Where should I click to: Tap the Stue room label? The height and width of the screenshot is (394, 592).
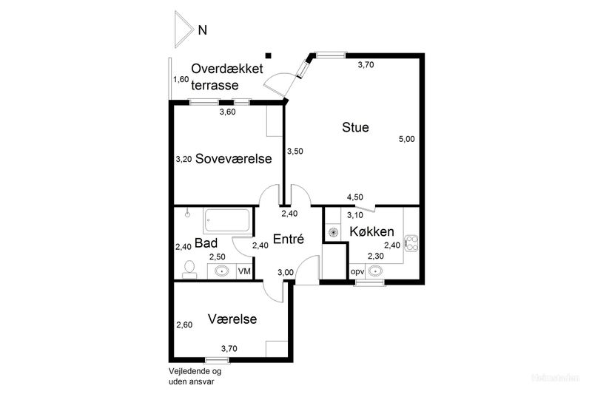tap(355, 127)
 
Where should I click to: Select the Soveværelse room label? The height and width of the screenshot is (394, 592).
tap(233, 159)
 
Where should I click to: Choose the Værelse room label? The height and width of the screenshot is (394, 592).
tap(232, 319)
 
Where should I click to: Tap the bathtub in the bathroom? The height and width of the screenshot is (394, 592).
tap(227, 221)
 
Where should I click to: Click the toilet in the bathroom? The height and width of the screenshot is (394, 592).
tap(188, 268)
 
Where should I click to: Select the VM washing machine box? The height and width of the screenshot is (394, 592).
tap(243, 271)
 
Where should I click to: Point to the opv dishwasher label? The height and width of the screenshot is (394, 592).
tap(357, 271)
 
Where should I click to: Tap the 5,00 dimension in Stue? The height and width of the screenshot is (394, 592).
tap(406, 139)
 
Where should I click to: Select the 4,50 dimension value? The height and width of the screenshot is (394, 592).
tap(355, 197)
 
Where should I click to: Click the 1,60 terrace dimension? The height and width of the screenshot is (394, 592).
tap(181, 79)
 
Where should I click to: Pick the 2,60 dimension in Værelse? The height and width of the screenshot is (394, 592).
tap(184, 325)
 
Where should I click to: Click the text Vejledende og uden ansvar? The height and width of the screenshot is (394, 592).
tap(195, 376)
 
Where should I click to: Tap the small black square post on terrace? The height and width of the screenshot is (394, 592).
tap(269, 54)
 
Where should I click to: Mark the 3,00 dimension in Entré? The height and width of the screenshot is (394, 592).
tap(285, 272)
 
